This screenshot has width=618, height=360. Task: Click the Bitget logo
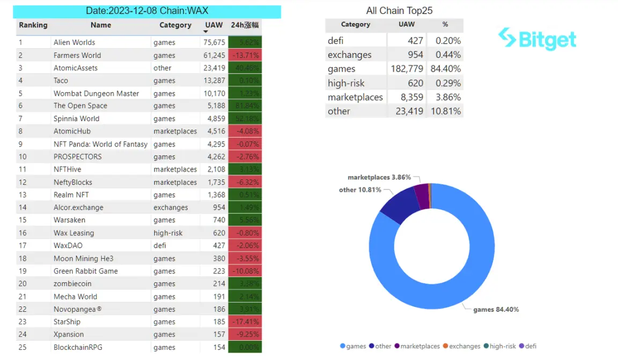click(538, 39)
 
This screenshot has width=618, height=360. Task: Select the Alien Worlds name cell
click(75, 42)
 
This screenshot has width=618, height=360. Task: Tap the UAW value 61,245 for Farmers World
click(215, 55)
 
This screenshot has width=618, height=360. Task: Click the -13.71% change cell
click(245, 55)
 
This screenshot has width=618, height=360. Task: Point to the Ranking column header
click(33, 25)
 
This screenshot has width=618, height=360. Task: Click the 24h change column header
click(245, 25)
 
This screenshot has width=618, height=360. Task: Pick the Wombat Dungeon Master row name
click(96, 93)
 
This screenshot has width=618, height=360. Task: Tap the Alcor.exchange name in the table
click(78, 208)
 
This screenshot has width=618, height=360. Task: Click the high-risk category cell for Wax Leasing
click(168, 233)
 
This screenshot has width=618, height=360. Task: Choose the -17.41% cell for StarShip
click(245, 322)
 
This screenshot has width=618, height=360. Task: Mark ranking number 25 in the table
click(23, 347)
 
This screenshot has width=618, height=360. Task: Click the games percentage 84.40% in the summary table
click(445, 69)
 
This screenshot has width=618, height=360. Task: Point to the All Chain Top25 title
click(399, 11)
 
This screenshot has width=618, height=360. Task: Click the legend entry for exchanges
click(461, 346)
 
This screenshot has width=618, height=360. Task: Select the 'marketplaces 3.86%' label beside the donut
click(379, 177)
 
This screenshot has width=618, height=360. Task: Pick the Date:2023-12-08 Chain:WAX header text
click(147, 11)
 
